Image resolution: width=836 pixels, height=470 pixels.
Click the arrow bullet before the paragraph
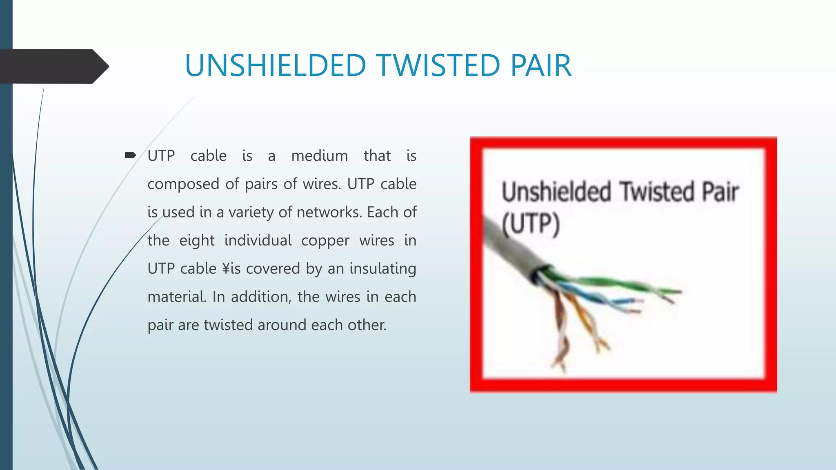pyautogui.click(x=130, y=155)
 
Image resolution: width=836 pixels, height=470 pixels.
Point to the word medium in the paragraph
pyautogui.click(x=319, y=156)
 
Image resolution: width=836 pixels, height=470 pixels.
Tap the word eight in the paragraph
pyautogui.click(x=197, y=241)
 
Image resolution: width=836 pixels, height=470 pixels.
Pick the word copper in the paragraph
pyautogui.click(x=325, y=241)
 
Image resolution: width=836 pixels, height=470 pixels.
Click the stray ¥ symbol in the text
pyautogui.click(x=226, y=268)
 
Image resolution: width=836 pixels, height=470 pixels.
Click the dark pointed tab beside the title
pyautogui.click(x=53, y=66)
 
